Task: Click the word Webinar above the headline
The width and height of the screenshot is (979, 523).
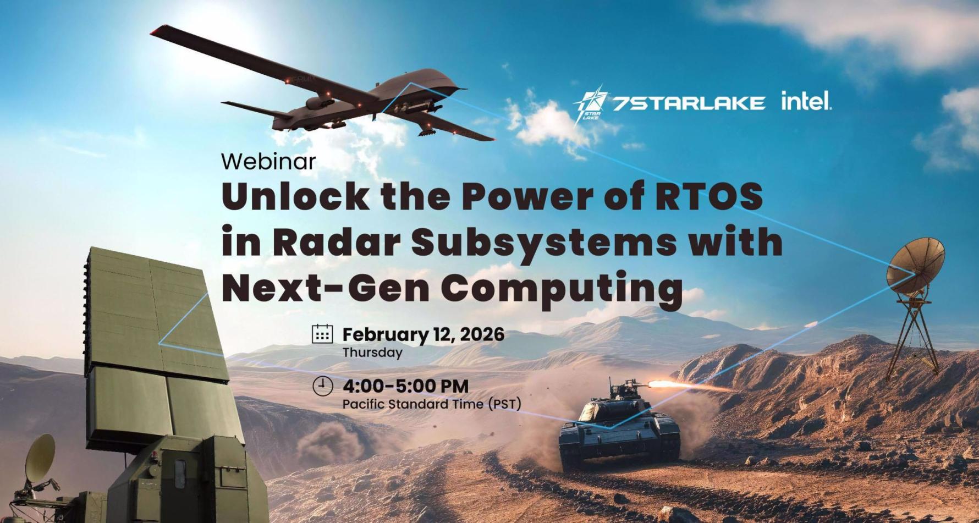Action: click(x=268, y=161)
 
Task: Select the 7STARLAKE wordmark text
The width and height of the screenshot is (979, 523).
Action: click(x=689, y=103)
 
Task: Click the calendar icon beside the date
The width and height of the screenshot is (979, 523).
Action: click(x=322, y=334)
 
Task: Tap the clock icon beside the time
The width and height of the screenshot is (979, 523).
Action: click(x=323, y=386)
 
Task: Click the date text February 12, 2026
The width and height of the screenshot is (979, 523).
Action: click(x=423, y=334)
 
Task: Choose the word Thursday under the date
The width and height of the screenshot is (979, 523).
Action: click(x=372, y=353)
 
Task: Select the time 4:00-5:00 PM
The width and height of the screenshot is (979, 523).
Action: click(x=405, y=386)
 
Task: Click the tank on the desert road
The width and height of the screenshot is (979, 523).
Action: click(x=619, y=426)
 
